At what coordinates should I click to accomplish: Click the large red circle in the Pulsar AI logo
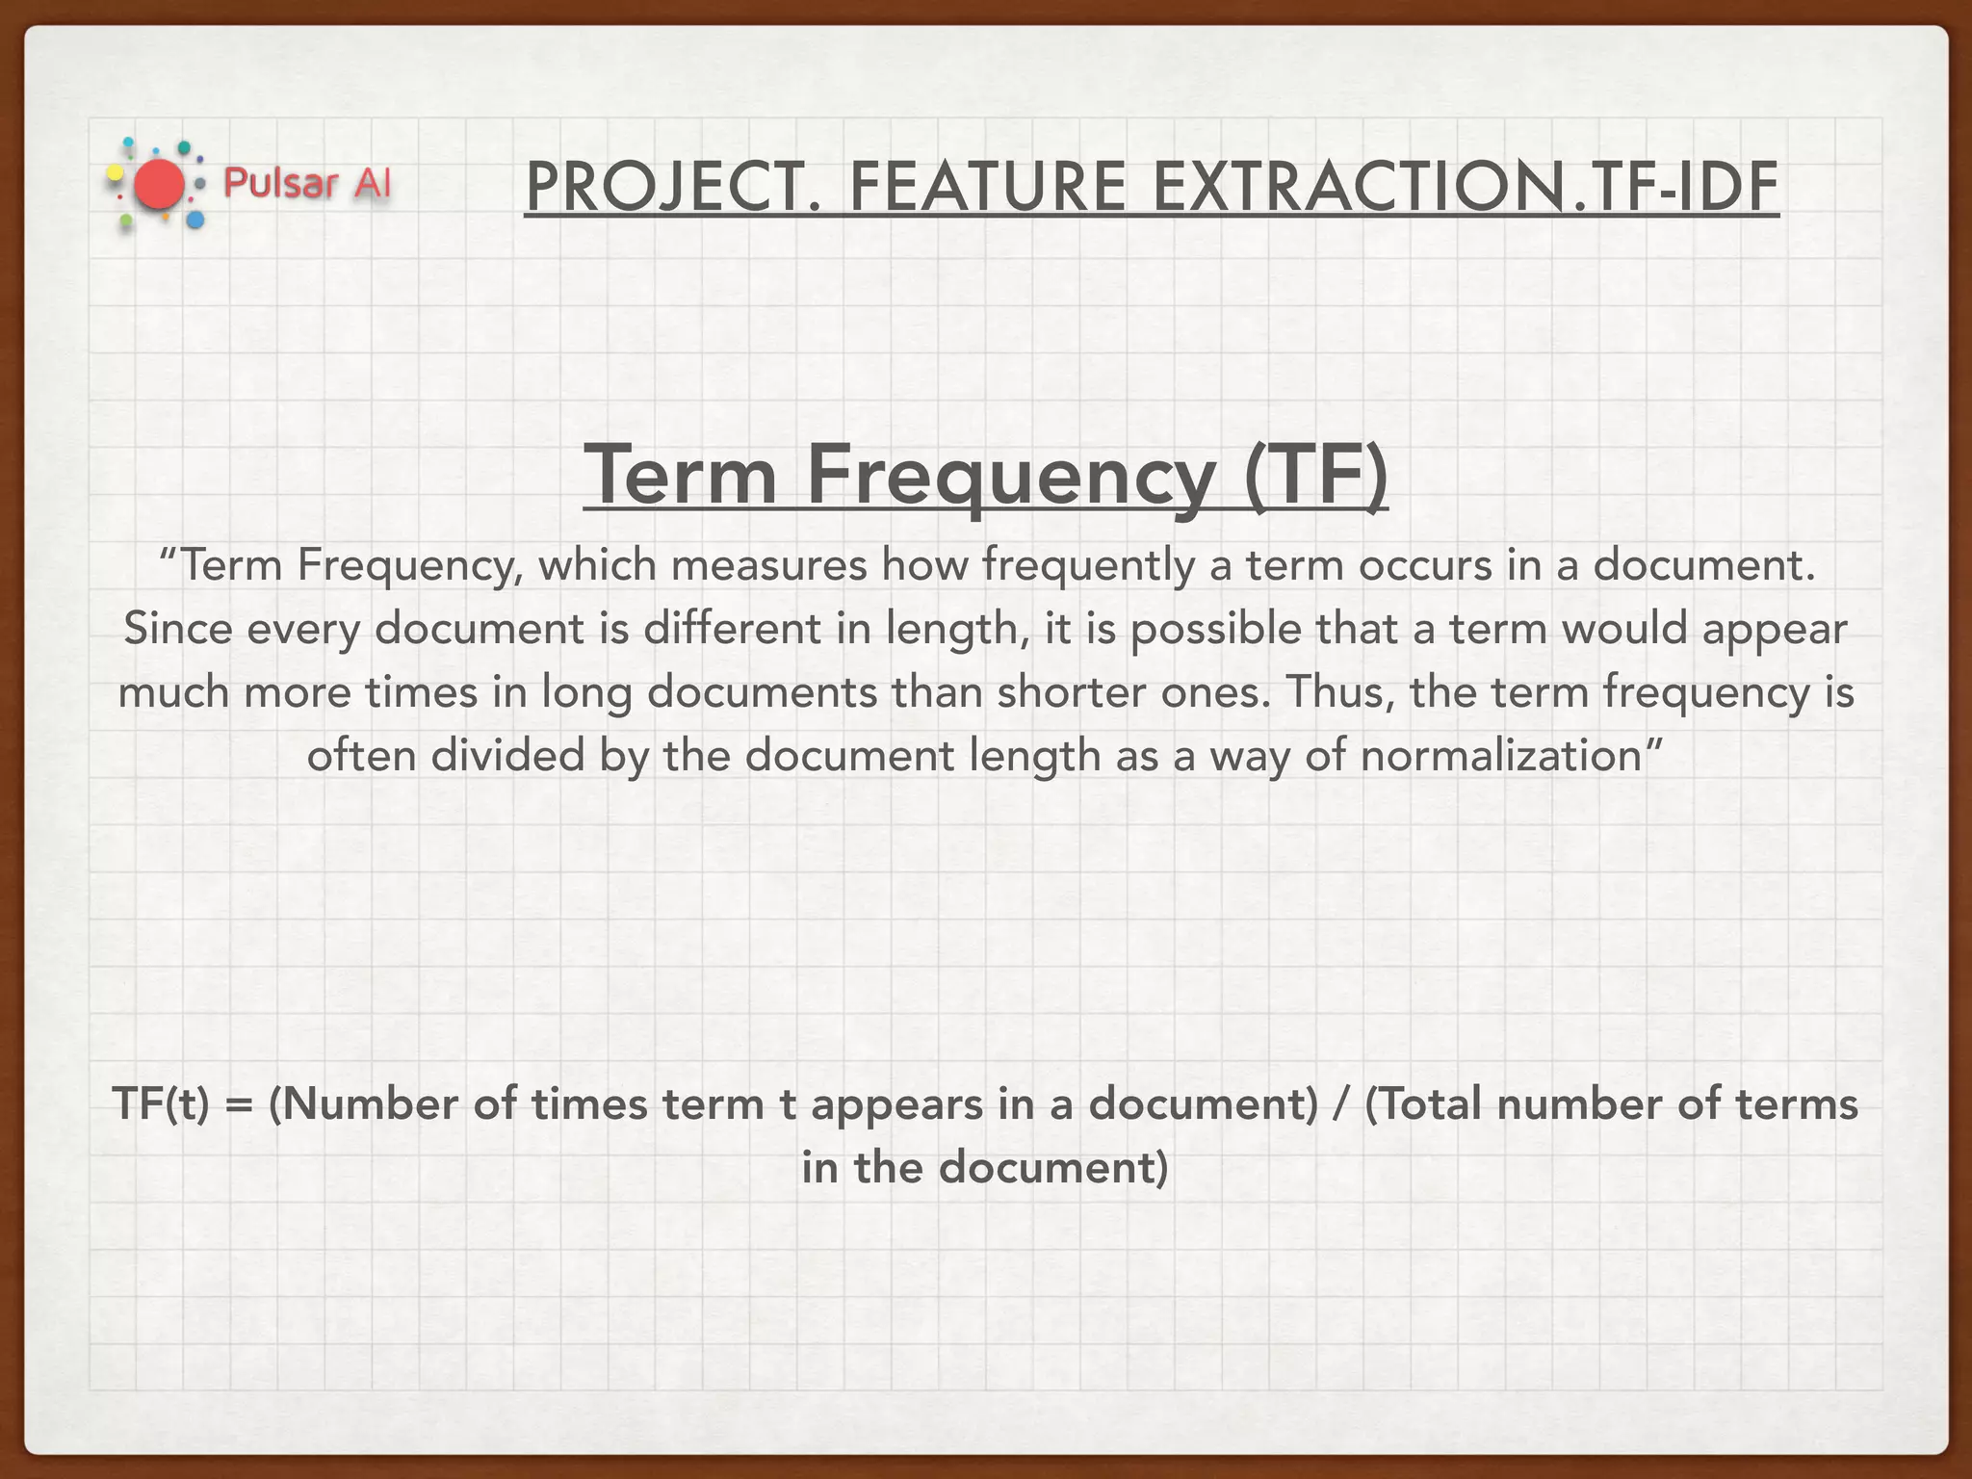159,185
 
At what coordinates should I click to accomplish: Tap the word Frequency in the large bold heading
1011,477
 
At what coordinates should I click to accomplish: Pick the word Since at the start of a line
178,629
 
